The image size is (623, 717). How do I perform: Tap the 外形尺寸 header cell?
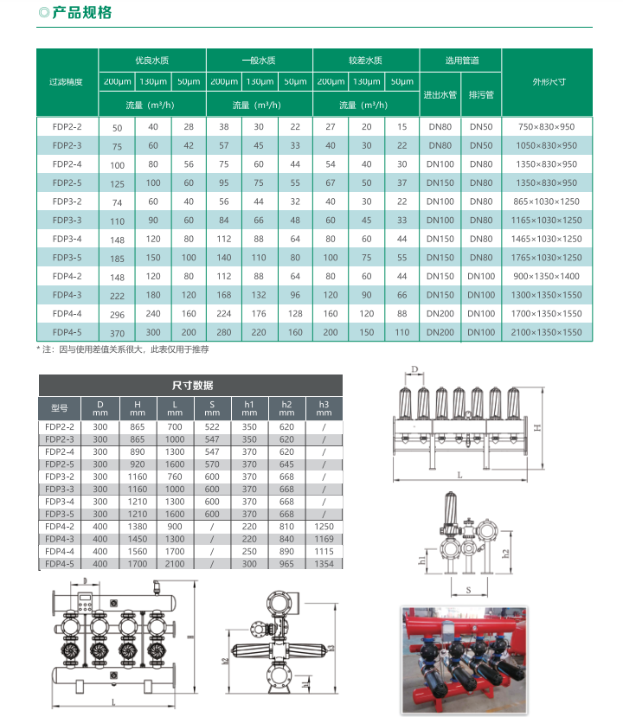pyautogui.click(x=549, y=82)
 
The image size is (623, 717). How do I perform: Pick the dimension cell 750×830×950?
pyautogui.click(x=546, y=126)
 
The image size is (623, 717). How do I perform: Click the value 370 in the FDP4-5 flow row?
pyautogui.click(x=118, y=333)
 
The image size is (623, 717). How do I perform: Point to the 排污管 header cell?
pyautogui.click(x=480, y=94)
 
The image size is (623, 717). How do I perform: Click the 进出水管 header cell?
pyautogui.click(x=440, y=94)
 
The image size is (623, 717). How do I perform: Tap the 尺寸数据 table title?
pyautogui.click(x=192, y=386)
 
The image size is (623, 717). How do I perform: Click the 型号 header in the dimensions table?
pyautogui.click(x=59, y=407)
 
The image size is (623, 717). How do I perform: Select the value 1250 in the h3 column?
pyautogui.click(x=324, y=526)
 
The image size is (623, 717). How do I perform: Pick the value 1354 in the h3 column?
pyautogui.click(x=324, y=564)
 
